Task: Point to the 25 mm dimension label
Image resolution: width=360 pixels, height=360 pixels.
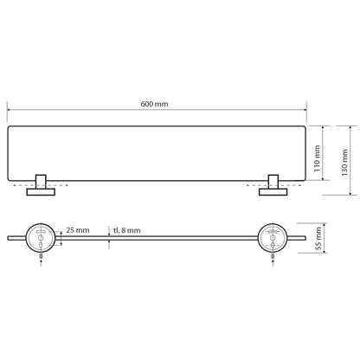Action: tap(77, 232)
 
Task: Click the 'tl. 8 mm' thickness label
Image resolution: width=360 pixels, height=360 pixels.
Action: tap(128, 232)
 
